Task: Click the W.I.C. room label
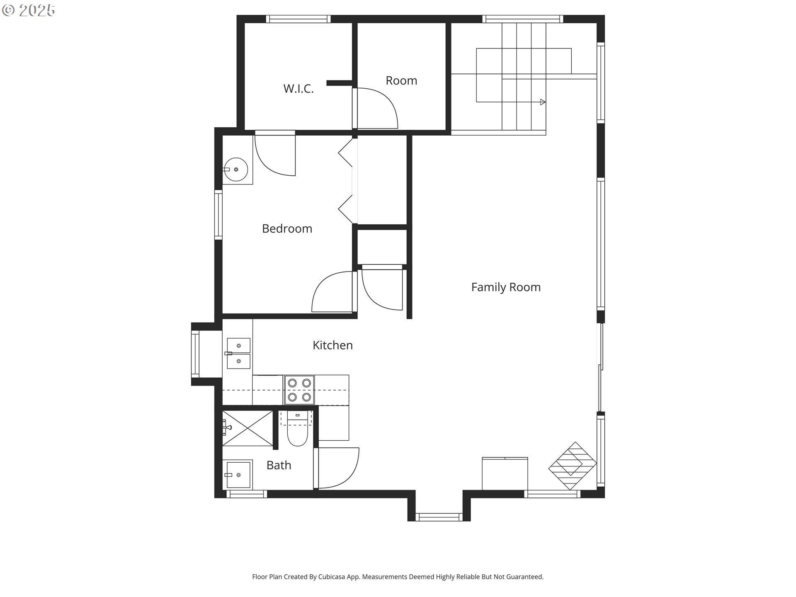point(298,89)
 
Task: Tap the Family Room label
point(506,287)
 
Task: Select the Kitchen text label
point(332,345)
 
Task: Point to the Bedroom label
point(287,228)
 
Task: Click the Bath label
point(279,465)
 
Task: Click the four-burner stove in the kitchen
point(299,390)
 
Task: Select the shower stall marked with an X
point(248,428)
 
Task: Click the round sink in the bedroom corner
point(235,170)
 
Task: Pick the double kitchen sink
point(238,353)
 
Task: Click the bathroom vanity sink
point(238,474)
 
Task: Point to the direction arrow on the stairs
point(543,102)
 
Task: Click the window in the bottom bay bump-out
point(439,517)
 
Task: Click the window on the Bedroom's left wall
point(218,214)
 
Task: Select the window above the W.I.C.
point(298,19)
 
